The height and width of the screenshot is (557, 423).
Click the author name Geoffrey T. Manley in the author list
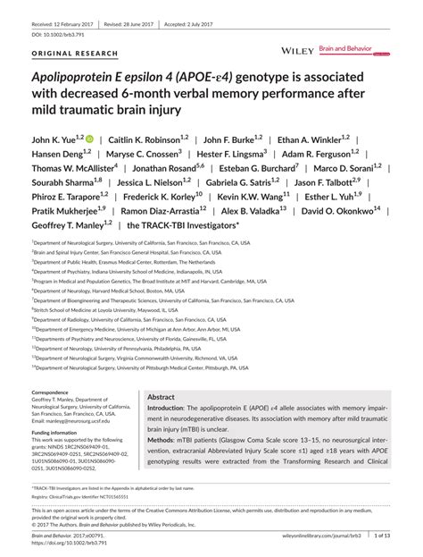tap(65, 225)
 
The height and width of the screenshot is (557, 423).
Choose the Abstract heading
tap(161, 396)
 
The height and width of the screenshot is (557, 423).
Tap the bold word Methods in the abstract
tap(161, 440)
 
